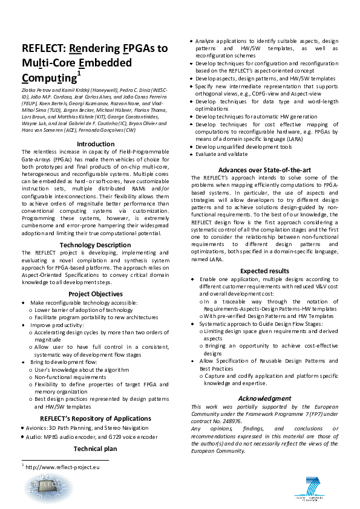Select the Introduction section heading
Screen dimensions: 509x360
click(96, 144)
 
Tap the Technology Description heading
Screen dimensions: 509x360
click(95, 244)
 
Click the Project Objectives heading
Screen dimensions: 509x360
click(95, 294)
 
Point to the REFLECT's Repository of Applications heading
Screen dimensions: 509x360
click(95, 418)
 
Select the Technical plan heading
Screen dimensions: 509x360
click(95, 449)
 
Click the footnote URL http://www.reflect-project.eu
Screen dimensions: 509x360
click(63, 467)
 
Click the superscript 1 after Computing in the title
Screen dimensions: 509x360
click(79, 73)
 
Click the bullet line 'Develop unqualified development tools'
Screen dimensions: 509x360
click(244, 146)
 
